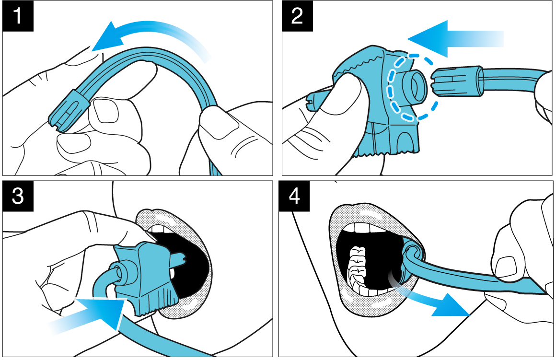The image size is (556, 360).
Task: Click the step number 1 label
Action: point(18,16)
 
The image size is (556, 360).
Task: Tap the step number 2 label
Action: point(297,16)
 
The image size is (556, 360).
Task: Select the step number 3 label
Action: point(18,196)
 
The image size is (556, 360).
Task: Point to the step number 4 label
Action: point(294,196)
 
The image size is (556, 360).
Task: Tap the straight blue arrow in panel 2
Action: point(456,39)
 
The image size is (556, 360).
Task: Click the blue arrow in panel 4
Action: point(436,298)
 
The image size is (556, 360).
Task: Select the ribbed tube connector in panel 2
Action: point(457,81)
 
